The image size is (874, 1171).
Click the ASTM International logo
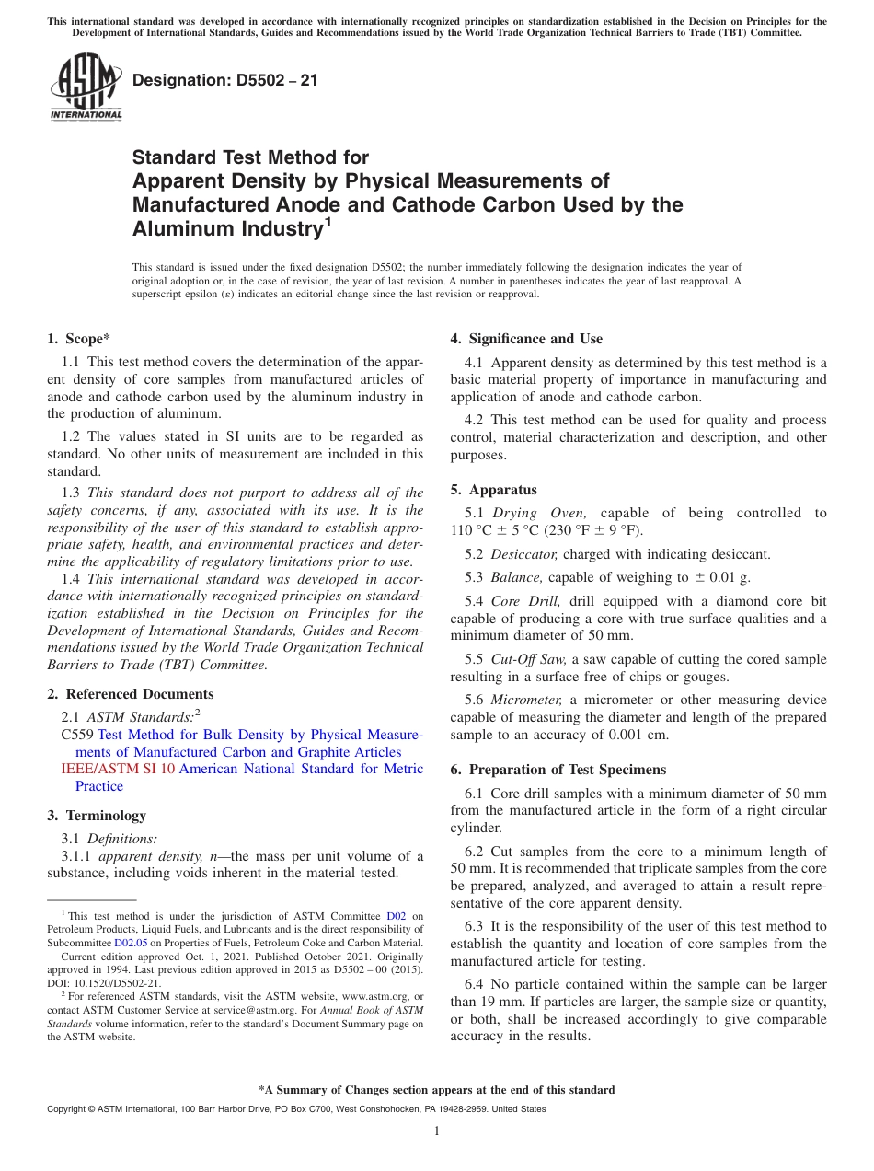(x=86, y=87)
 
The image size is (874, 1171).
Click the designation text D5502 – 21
(x=225, y=80)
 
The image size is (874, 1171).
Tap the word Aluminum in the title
(x=181, y=228)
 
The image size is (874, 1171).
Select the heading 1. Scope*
(x=78, y=339)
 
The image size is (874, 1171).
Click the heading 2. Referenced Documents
(x=130, y=694)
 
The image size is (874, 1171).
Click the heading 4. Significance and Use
(x=526, y=339)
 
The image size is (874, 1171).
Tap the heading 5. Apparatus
(x=493, y=490)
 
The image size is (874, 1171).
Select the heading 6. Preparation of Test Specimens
(x=558, y=770)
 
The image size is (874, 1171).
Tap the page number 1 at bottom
(x=437, y=1131)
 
